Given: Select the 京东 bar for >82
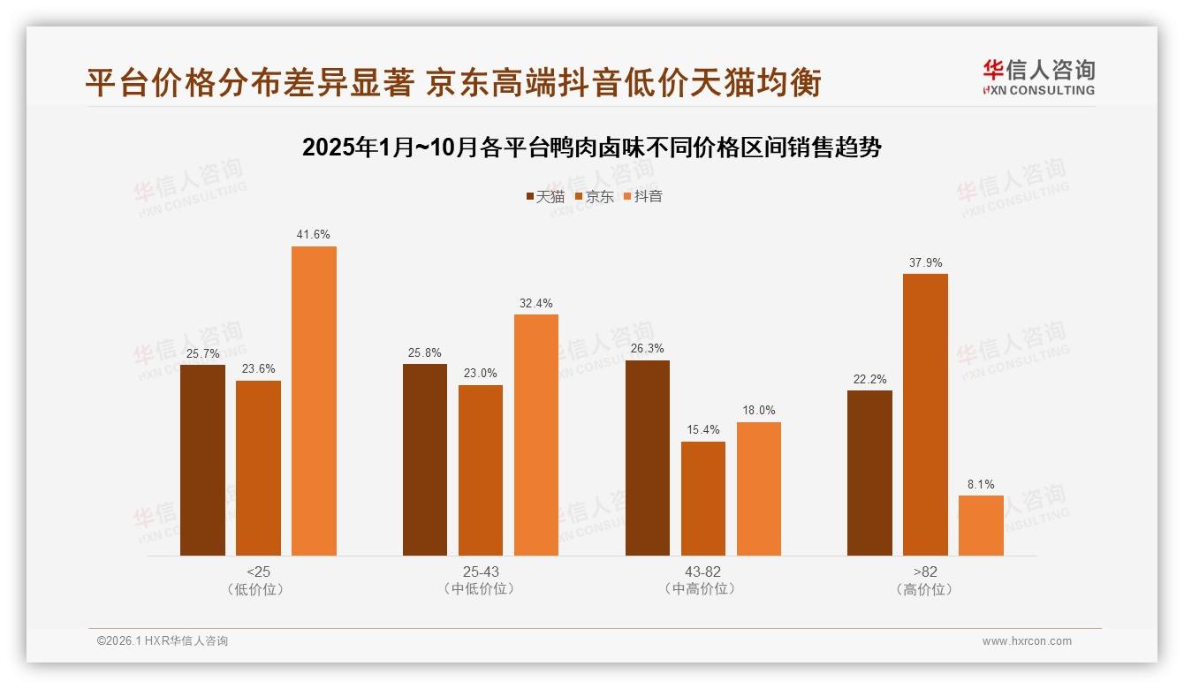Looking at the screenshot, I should (x=925, y=414).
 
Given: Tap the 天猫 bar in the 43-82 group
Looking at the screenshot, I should (x=647, y=458).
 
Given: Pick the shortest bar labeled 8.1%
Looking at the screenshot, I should (x=981, y=526).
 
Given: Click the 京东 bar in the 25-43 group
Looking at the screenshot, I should (x=481, y=470).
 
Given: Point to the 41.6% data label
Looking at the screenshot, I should (x=314, y=235).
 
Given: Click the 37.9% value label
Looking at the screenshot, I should (x=925, y=262).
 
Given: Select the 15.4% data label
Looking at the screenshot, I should (x=702, y=430).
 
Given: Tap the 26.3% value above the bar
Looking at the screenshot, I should (x=647, y=349).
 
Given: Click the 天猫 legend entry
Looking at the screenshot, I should (x=545, y=196).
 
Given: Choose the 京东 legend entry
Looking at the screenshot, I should (x=595, y=196).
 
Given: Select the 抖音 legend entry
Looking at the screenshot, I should (x=643, y=196).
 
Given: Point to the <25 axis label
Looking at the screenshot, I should (x=259, y=572).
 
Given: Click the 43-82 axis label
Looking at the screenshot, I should (x=702, y=572).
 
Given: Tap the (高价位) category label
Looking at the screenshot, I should (x=925, y=589).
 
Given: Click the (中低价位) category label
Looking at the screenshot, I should (x=481, y=589).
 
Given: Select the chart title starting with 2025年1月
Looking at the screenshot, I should (x=592, y=148).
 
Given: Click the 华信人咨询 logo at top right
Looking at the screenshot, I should (x=1038, y=77).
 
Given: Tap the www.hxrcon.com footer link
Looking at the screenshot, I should (x=1027, y=641).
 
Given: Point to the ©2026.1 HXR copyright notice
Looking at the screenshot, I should (x=163, y=641).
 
